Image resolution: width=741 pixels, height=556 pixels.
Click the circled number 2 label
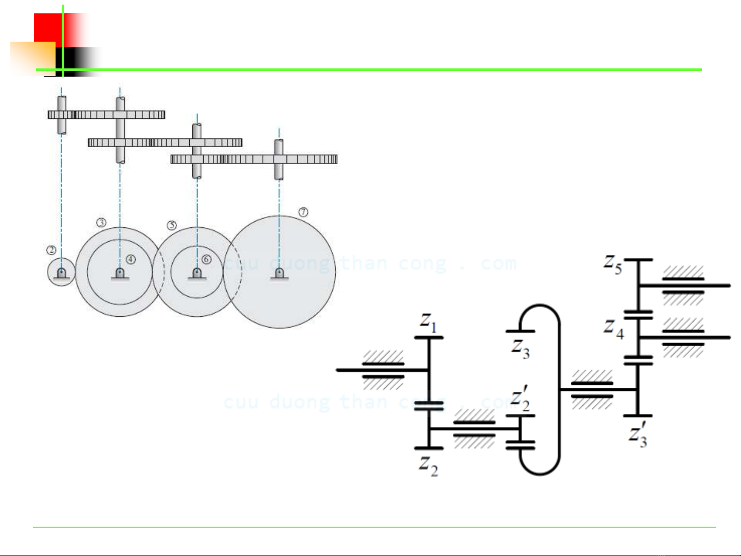[x=51, y=250]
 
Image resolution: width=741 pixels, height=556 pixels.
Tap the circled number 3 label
[x=101, y=222]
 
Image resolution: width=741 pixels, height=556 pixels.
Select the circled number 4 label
[x=131, y=259]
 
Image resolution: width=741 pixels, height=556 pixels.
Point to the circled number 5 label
[x=172, y=225]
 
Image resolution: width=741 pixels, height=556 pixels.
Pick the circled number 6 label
[x=207, y=259]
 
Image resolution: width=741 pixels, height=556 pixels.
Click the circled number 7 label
[x=303, y=212]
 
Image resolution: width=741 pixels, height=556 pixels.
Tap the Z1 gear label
[x=428, y=322]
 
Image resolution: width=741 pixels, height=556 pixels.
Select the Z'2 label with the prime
[x=520, y=399]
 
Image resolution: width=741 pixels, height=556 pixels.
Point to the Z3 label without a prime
[x=520, y=349]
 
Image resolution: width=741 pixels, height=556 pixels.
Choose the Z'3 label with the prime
[x=638, y=435]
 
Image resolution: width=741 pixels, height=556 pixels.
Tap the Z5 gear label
[x=612, y=264]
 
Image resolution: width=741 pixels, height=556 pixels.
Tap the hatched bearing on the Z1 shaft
[x=383, y=370]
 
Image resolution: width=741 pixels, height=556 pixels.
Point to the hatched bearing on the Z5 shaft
[x=683, y=285]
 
